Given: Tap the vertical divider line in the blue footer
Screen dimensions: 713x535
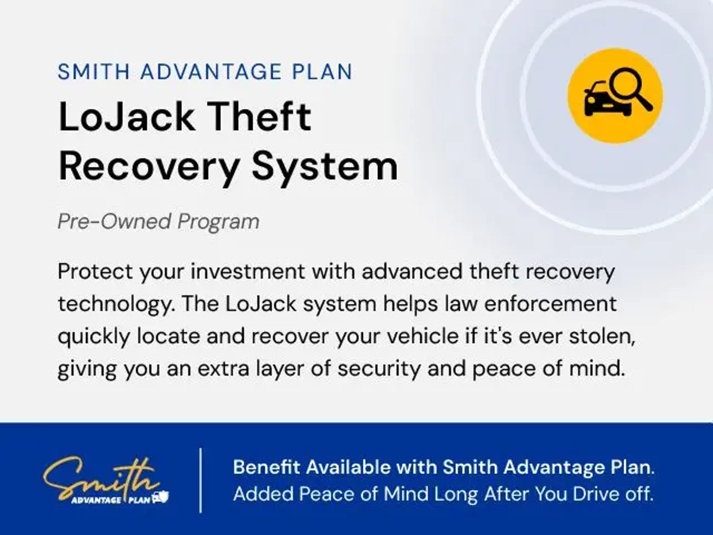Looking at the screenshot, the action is tap(201, 480).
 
